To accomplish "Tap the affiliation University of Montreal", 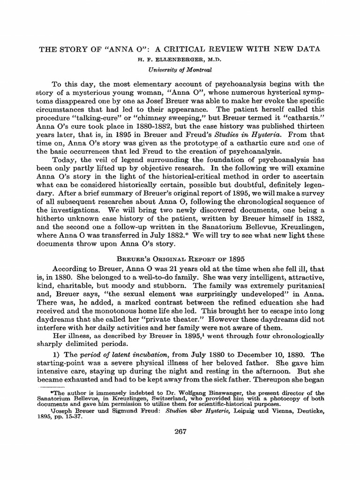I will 180,70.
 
